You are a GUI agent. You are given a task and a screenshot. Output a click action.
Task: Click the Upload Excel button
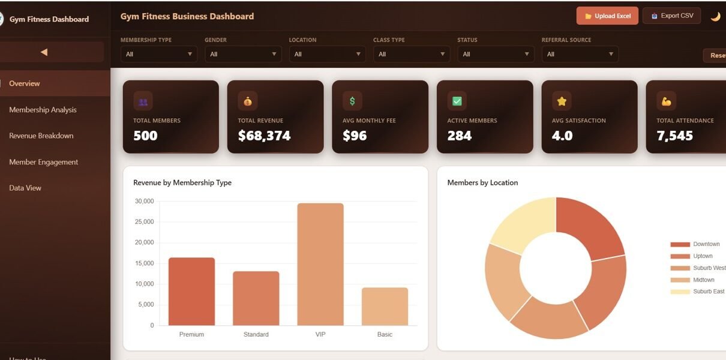tap(607, 16)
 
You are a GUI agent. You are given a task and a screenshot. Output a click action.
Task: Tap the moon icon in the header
tap(715, 17)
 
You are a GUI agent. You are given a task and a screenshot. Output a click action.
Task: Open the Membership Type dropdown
tap(158, 54)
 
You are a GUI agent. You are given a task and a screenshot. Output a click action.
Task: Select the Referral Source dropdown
tap(580, 54)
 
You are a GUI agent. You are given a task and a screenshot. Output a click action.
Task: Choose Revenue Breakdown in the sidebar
tap(41, 136)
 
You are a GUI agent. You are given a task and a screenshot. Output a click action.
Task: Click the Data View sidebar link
tap(25, 188)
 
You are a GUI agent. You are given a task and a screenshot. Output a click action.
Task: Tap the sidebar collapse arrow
tap(44, 52)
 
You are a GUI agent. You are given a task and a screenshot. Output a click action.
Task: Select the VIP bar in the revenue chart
tap(320, 264)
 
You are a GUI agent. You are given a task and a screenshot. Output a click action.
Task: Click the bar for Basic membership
tap(385, 306)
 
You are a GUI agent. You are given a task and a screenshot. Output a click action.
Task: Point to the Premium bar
tap(191, 291)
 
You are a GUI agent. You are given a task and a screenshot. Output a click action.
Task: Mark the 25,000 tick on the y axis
tap(144, 222)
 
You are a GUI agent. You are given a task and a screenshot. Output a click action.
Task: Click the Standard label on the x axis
tap(256, 334)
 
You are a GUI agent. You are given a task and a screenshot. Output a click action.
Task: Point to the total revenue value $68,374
tap(264, 136)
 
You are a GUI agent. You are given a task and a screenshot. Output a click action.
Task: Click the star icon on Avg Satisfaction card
tap(562, 101)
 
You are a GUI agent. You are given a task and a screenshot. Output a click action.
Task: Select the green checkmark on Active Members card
tap(457, 101)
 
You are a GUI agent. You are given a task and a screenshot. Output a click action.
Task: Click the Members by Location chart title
tap(482, 182)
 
